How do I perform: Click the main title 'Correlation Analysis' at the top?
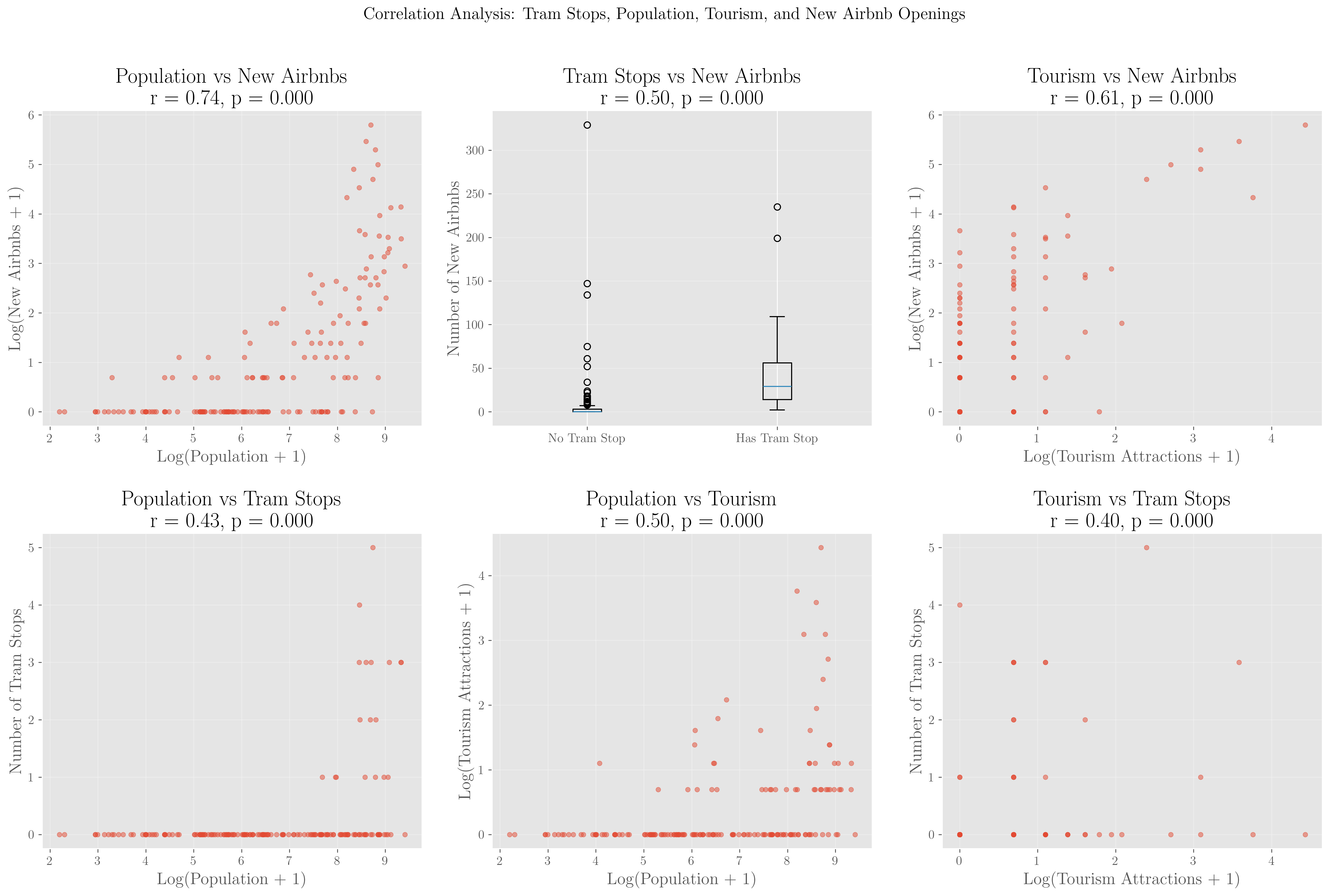[664, 14]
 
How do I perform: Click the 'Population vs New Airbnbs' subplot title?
[231, 76]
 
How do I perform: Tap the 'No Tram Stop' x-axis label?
[586, 438]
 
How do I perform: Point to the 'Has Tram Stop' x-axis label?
[777, 438]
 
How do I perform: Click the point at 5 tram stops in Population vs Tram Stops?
[373, 548]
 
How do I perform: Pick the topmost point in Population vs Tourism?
[821, 548]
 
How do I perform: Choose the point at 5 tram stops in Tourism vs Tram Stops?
[1146, 548]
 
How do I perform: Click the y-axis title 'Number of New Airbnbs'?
[454, 269]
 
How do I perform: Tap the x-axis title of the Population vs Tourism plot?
[681, 879]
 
